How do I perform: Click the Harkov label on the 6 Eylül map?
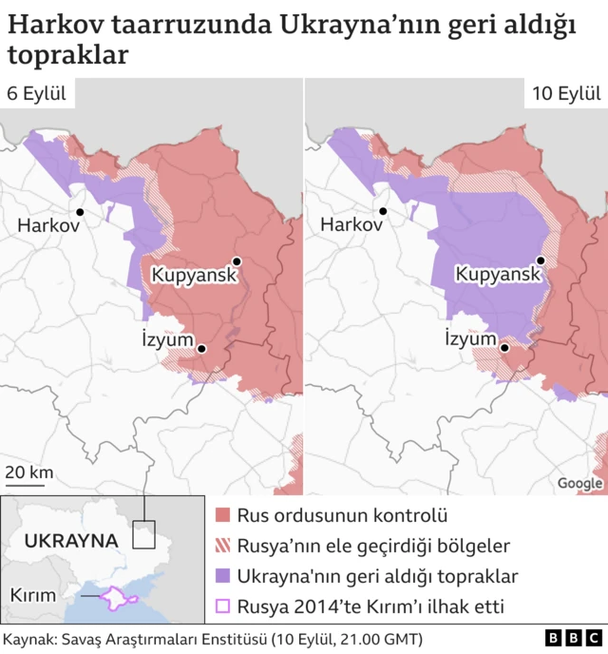[x=47, y=226]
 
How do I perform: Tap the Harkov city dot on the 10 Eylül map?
[x=383, y=211]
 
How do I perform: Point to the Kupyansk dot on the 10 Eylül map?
[x=541, y=260]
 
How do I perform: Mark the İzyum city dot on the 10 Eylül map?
[x=505, y=348]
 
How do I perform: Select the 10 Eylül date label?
[x=565, y=93]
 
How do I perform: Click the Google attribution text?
[x=579, y=483]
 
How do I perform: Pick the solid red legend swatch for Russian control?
[x=224, y=516]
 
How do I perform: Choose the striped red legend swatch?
[x=224, y=546]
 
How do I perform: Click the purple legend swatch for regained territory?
[x=224, y=576]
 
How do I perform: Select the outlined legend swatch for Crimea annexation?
[x=224, y=606]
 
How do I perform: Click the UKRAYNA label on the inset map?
[x=71, y=540]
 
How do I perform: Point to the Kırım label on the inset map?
[x=33, y=595]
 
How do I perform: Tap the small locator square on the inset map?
[x=143, y=534]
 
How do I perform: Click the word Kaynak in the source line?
[x=28, y=638]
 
